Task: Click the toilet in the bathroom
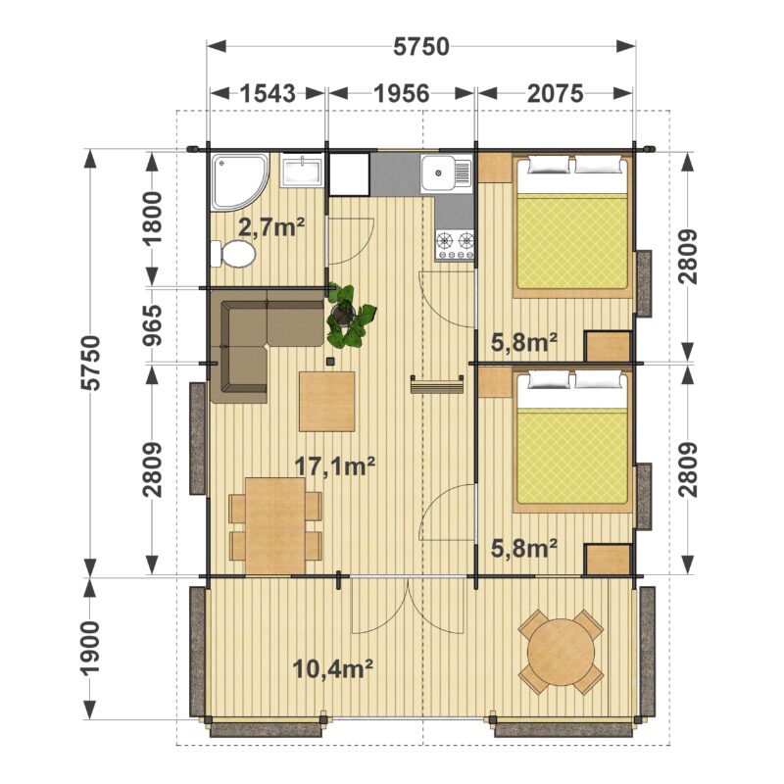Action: pyautogui.click(x=232, y=254)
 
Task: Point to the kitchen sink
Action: pyautogui.click(x=446, y=173)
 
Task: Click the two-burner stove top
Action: pyautogui.click(x=455, y=245)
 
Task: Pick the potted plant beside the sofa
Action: pyautogui.click(x=350, y=316)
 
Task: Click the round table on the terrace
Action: pyautogui.click(x=562, y=651)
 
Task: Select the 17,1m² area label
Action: pyautogui.click(x=334, y=466)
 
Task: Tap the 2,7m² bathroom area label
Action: pyautogui.click(x=271, y=228)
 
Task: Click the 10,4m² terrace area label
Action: pyautogui.click(x=333, y=668)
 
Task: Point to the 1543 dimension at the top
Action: pyautogui.click(x=268, y=93)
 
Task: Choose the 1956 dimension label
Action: pyautogui.click(x=402, y=93)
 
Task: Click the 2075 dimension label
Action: pyautogui.click(x=555, y=93)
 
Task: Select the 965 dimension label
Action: pyautogui.click(x=153, y=325)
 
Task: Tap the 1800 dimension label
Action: pyautogui.click(x=153, y=218)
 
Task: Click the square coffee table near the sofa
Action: pyautogui.click(x=327, y=401)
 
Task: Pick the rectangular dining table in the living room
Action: pyautogui.click(x=275, y=525)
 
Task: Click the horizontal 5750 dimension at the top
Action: pyautogui.click(x=421, y=46)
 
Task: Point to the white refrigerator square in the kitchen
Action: pyautogui.click(x=349, y=174)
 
